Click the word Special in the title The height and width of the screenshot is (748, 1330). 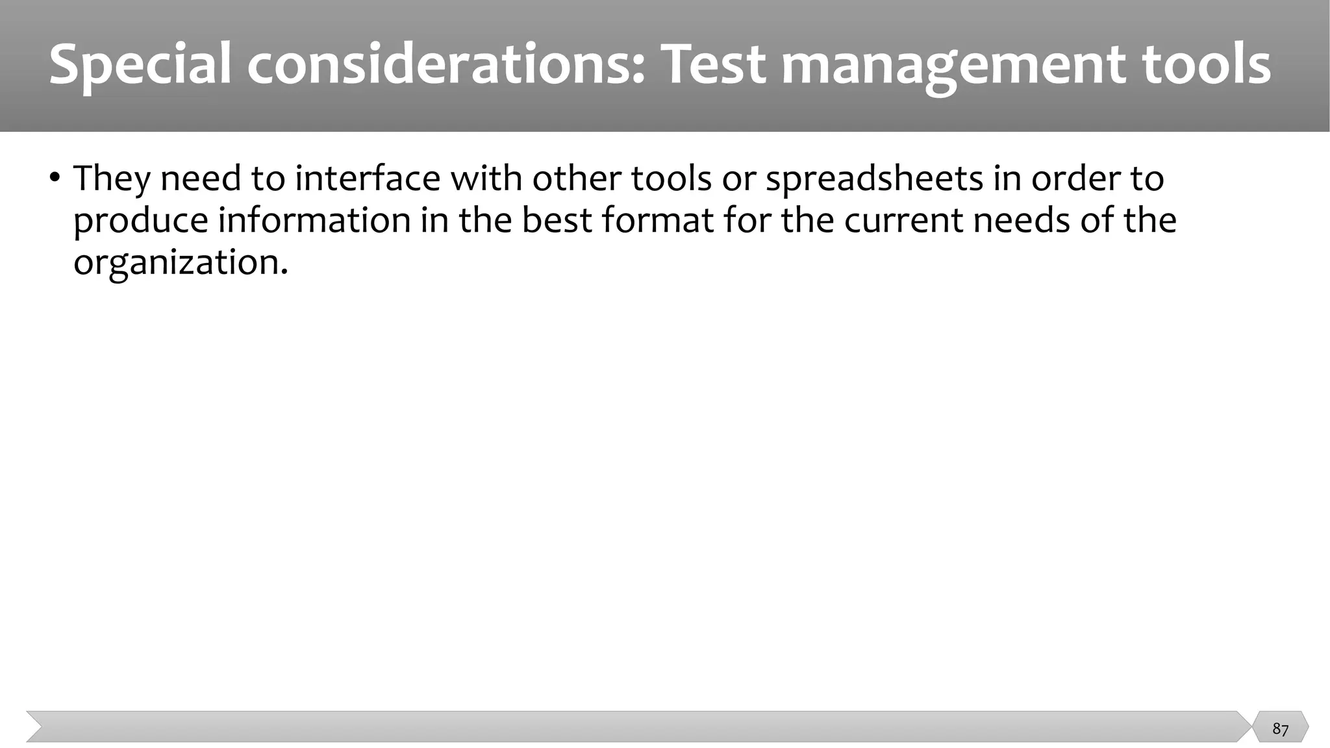[140, 65]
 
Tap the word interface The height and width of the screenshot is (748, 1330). [368, 178]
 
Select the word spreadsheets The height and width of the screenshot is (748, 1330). [874, 178]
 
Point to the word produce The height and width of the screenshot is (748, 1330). [140, 221]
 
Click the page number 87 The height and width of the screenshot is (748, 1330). [1280, 729]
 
